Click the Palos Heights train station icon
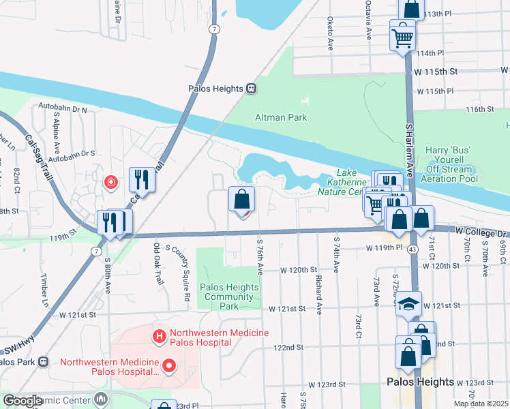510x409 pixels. click(252, 89)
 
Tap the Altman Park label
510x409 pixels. click(281, 117)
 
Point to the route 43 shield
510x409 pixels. click(413, 250)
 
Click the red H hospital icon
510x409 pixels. click(160, 335)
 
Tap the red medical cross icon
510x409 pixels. click(110, 182)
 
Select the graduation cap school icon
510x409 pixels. click(409, 304)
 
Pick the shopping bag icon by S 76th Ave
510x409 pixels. click(241, 200)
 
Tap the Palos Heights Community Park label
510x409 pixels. click(229, 297)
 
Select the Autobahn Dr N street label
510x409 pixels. click(63, 109)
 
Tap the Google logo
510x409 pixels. click(22, 401)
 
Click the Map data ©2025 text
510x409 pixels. click(481, 404)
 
